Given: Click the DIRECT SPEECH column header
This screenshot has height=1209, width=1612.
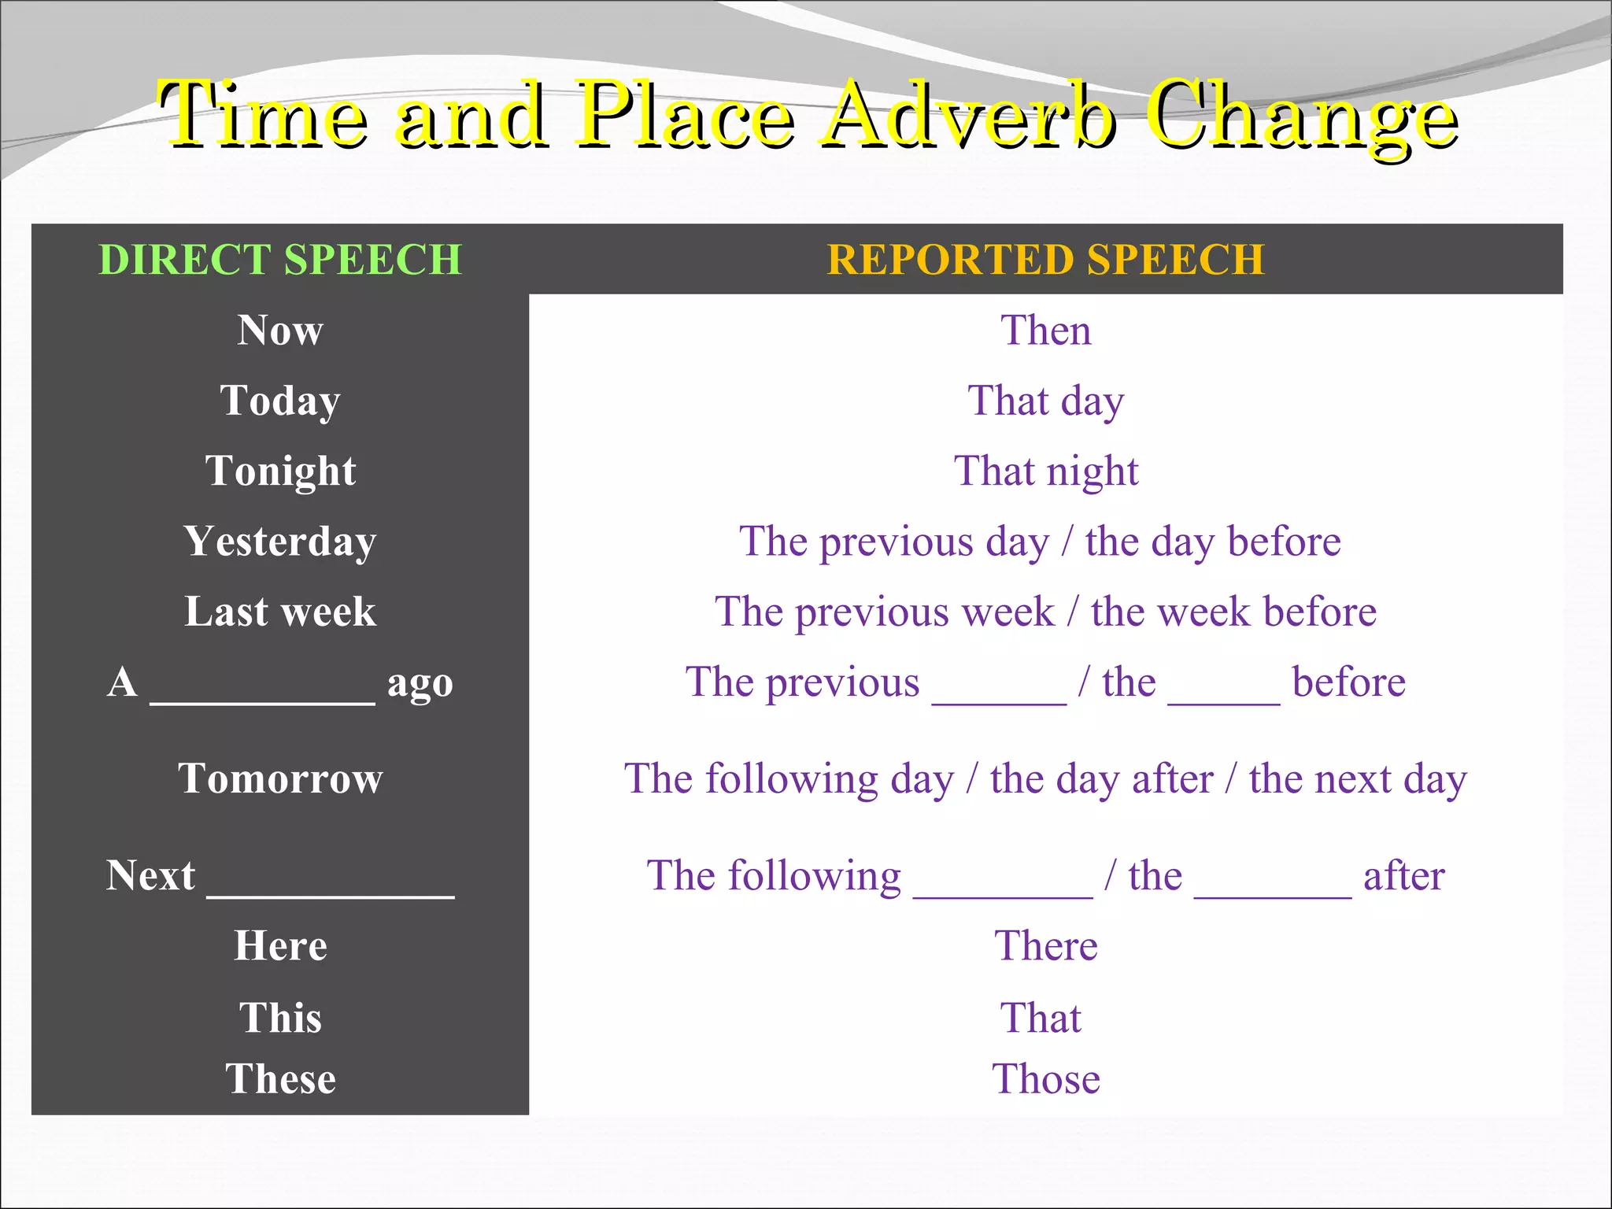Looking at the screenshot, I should [x=279, y=259].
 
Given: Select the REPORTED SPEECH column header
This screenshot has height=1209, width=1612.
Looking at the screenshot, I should [x=1045, y=259].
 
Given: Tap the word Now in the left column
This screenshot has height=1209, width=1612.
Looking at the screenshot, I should [x=280, y=330].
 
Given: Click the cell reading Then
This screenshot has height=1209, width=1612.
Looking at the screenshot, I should [x=1045, y=330].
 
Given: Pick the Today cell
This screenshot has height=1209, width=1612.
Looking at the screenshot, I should [x=280, y=401].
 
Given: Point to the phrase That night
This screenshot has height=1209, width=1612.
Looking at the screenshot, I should [x=1045, y=471].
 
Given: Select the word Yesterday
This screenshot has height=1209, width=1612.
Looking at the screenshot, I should [x=280, y=542].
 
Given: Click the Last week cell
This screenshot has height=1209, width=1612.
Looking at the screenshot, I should [x=280, y=612].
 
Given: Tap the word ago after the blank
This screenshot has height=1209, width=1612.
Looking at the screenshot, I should [x=420, y=683].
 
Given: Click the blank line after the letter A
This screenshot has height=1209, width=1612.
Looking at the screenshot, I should [x=262, y=697].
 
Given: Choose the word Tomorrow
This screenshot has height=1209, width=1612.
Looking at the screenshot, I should [x=280, y=778].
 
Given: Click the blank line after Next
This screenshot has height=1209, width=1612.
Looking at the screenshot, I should [x=331, y=889].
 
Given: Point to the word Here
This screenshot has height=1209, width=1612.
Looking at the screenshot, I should [x=280, y=945].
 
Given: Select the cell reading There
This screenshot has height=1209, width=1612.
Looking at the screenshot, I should [x=1045, y=945].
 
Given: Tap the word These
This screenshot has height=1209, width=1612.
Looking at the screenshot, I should [x=280, y=1078].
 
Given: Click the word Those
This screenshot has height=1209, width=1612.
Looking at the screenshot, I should [x=1045, y=1078].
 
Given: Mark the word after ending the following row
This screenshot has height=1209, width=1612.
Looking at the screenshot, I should [x=1403, y=875].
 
